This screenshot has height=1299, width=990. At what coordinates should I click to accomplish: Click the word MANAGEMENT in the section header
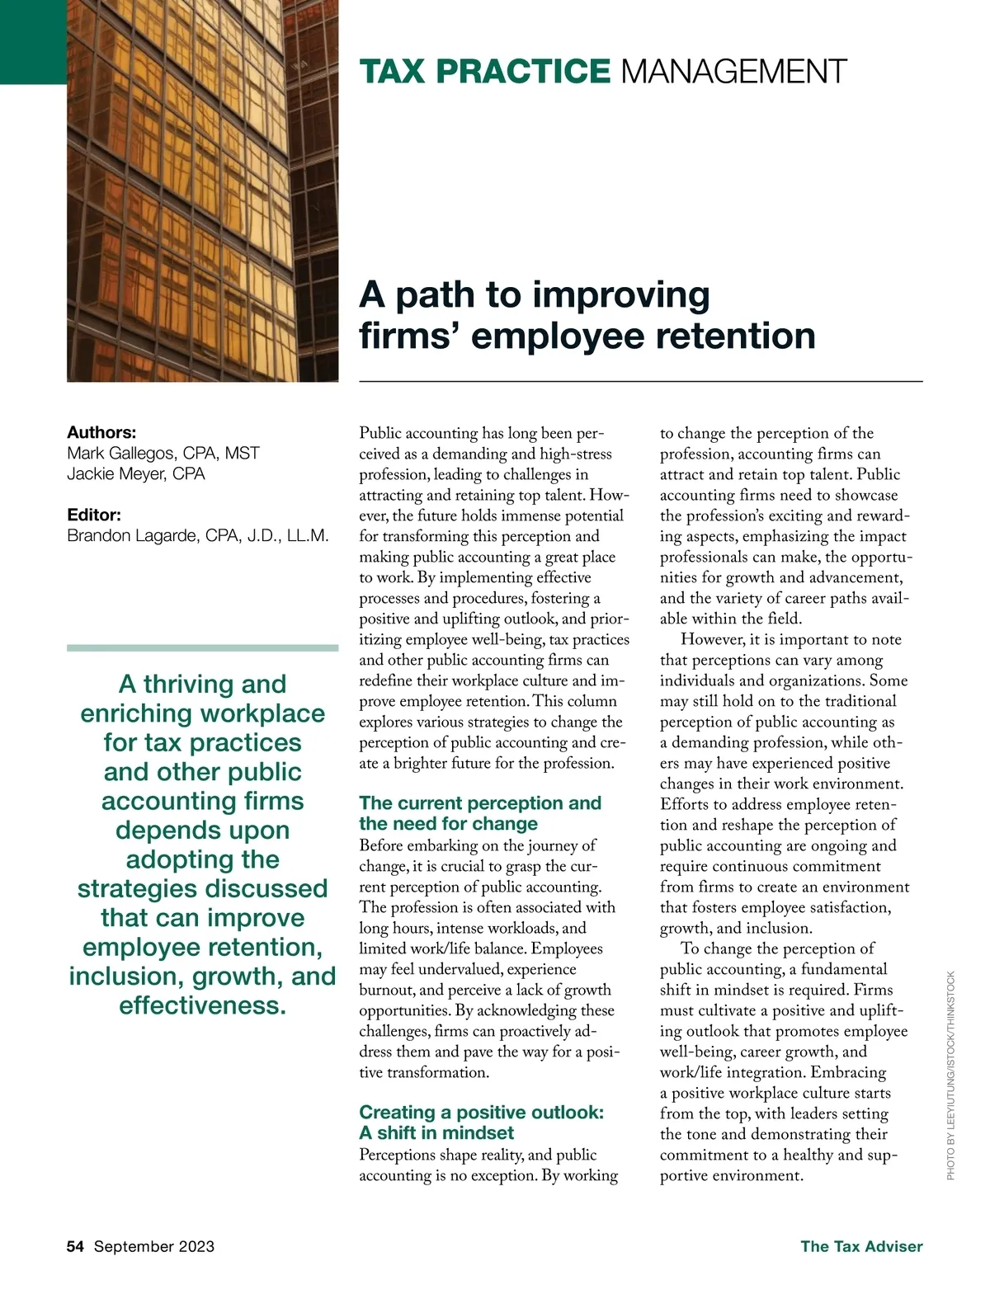click(733, 72)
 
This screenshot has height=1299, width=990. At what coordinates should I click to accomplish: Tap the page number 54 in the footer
click(75, 1246)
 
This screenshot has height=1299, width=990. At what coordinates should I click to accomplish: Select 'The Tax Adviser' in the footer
click(861, 1246)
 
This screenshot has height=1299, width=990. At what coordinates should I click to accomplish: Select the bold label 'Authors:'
click(101, 432)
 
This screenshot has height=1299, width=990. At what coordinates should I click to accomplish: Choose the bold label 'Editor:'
click(94, 515)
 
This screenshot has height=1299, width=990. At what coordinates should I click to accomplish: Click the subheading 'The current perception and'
click(480, 802)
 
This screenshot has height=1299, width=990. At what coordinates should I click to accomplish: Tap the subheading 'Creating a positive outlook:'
click(481, 1112)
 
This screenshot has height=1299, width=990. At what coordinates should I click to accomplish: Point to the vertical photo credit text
click(950, 1075)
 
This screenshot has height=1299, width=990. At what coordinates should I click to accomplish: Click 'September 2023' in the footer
click(154, 1246)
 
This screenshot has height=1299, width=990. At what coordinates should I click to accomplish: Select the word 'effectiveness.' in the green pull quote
click(202, 1005)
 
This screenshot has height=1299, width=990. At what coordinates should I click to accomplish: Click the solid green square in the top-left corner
click(33, 41)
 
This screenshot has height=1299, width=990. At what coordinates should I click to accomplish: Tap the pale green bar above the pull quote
click(202, 648)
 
